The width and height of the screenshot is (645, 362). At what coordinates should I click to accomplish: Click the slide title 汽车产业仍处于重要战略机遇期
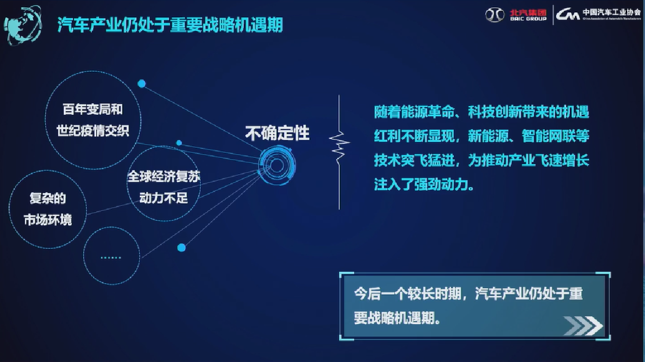(x=170, y=25)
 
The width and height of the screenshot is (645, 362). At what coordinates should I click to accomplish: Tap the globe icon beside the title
(x=23, y=26)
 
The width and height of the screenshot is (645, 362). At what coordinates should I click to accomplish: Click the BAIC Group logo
(x=516, y=15)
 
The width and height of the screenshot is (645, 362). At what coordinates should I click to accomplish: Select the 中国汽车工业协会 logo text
(x=612, y=12)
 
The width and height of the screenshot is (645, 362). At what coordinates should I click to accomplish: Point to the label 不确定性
(x=277, y=133)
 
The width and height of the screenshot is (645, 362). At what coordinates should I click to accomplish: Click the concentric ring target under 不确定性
(x=277, y=165)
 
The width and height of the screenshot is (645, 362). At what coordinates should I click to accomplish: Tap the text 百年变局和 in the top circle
(x=93, y=109)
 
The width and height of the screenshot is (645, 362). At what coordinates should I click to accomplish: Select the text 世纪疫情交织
(x=93, y=131)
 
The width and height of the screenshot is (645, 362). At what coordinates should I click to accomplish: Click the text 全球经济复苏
(x=163, y=176)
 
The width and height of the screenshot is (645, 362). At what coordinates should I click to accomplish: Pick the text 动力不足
(x=163, y=198)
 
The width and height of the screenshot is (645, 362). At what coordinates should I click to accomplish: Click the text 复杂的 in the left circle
(x=48, y=198)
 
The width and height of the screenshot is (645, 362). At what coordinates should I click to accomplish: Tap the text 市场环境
(x=48, y=220)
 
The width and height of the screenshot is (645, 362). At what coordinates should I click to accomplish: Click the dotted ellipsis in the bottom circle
(x=111, y=257)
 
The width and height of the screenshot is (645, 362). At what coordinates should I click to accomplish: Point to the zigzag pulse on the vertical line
(x=339, y=146)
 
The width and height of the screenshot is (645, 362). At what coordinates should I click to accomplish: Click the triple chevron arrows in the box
(x=583, y=326)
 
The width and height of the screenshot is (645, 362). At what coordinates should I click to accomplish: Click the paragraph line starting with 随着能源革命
(x=482, y=112)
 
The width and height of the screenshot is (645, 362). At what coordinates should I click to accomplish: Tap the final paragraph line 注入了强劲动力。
(x=424, y=184)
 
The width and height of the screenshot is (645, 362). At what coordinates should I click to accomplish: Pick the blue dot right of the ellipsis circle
(x=182, y=248)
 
